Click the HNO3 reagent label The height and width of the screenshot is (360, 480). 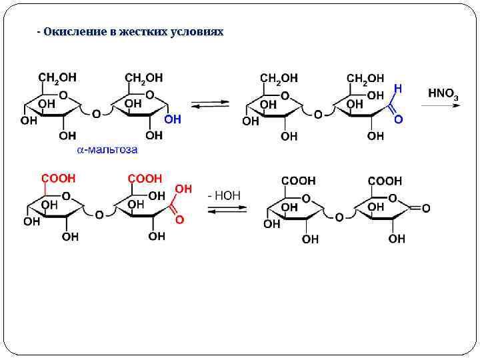[x=443, y=93]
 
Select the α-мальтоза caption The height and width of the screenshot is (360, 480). [x=107, y=150]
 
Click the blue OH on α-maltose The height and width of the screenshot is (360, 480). [x=172, y=119]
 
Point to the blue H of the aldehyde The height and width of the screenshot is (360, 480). [x=397, y=88]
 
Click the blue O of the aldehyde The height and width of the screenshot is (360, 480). [x=398, y=119]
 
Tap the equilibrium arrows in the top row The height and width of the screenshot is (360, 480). [x=211, y=105]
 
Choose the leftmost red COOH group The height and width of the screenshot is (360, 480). [x=59, y=179]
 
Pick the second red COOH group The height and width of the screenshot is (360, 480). [x=145, y=179]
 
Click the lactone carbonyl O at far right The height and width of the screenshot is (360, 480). [x=425, y=208]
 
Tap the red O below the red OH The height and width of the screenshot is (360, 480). [x=179, y=219]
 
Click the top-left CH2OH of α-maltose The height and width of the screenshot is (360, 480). [x=57, y=78]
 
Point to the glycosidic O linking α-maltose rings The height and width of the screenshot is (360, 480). [x=97, y=114]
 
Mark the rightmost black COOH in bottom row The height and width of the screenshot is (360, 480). [x=385, y=181]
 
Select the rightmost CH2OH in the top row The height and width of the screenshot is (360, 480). [x=365, y=79]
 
